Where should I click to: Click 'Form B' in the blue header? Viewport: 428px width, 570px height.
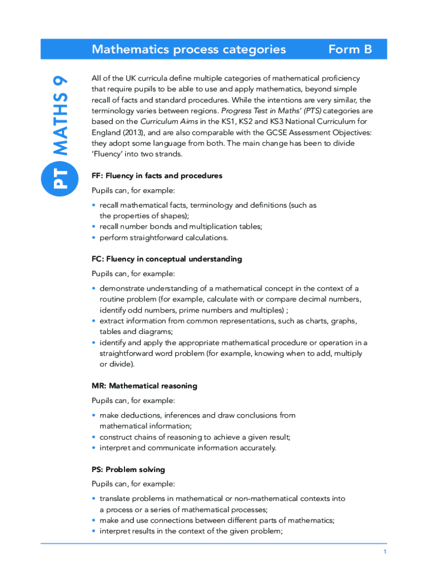(350, 50)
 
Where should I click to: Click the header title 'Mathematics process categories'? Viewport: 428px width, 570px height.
(188, 50)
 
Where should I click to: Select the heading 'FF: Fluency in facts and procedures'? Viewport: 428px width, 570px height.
(157, 176)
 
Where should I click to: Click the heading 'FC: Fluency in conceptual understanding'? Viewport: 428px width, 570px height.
(167, 259)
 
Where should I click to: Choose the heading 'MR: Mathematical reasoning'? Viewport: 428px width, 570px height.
(145, 386)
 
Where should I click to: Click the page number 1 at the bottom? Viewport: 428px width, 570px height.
(384, 552)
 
